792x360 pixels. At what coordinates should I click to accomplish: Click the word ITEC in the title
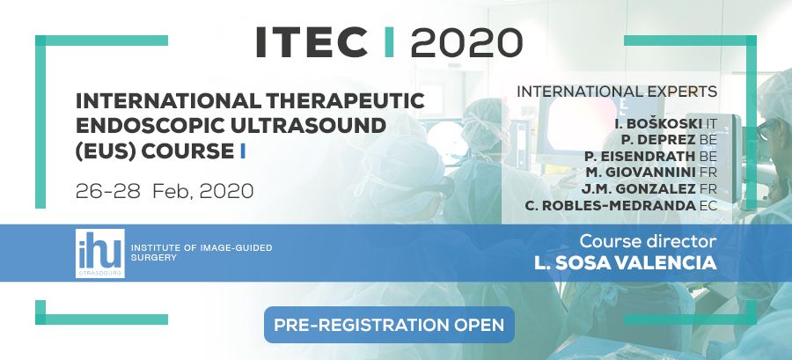click(x=312, y=42)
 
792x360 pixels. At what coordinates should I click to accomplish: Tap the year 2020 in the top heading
click(x=466, y=42)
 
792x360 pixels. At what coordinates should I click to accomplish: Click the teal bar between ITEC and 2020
click(x=389, y=42)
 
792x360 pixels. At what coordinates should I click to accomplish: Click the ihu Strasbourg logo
click(x=100, y=253)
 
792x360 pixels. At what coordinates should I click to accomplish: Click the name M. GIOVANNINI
click(x=642, y=173)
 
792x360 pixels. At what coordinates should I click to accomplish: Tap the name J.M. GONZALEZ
click(x=640, y=189)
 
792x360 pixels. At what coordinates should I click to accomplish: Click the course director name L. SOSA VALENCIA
click(x=626, y=263)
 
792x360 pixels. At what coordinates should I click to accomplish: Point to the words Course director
click(x=648, y=241)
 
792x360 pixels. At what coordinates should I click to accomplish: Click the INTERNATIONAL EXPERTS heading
click(x=617, y=92)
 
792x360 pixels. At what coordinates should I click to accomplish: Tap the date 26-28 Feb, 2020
click(x=165, y=191)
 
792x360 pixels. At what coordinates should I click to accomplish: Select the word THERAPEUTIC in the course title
click(x=343, y=101)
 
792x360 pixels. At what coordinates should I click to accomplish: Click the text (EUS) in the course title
click(x=105, y=151)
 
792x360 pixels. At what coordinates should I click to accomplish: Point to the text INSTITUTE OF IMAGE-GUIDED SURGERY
click(x=202, y=253)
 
